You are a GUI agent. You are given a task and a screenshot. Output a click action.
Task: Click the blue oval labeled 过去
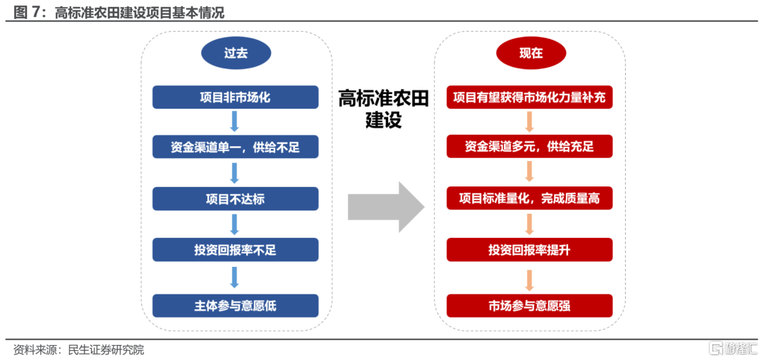click(236, 53)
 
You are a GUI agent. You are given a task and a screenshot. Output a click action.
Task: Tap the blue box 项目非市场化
click(236, 97)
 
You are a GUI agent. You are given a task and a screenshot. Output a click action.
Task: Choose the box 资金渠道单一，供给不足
click(236, 147)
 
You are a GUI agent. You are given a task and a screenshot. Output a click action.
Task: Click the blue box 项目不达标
click(236, 199)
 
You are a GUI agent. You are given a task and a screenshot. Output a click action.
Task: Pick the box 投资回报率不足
click(236, 250)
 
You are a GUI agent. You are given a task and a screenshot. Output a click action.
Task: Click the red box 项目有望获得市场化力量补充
click(530, 97)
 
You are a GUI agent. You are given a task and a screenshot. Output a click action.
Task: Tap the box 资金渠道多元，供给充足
click(530, 146)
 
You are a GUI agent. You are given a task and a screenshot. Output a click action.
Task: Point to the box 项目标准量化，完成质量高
click(530, 198)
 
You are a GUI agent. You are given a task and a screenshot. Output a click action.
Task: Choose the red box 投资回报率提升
click(530, 250)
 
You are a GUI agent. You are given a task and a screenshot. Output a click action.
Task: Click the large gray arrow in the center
click(387, 207)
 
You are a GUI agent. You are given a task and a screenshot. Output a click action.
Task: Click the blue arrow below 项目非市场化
click(235, 121)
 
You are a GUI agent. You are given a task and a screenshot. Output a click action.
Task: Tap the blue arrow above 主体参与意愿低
click(235, 278)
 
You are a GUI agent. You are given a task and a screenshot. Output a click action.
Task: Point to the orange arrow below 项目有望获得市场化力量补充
click(530, 121)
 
